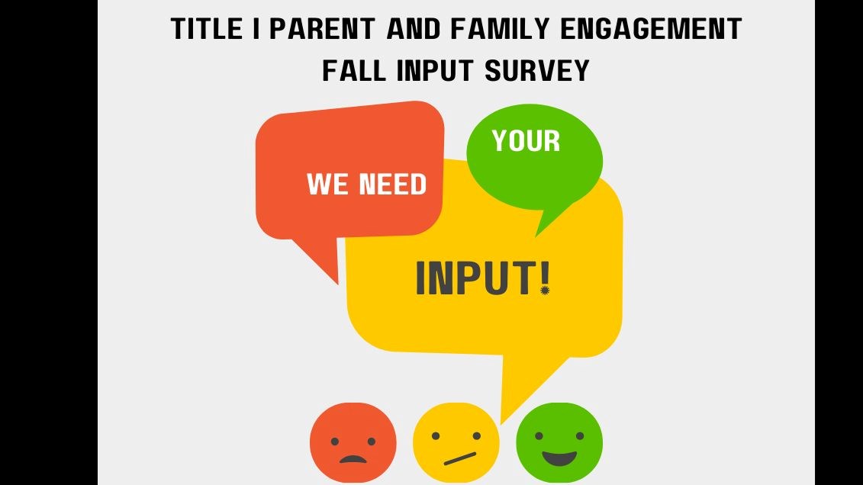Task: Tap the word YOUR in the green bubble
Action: pos(526,141)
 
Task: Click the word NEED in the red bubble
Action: pos(390,185)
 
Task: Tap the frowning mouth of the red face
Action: pos(353,459)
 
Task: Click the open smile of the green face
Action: pos(559,458)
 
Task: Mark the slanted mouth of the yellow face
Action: pos(460,458)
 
